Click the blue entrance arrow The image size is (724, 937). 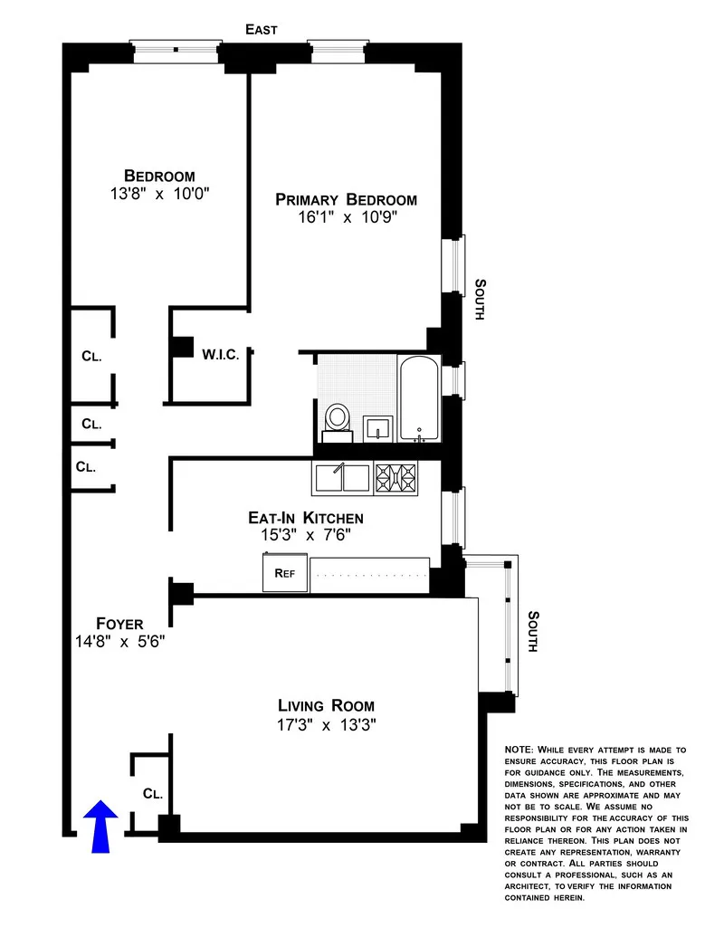click(x=100, y=825)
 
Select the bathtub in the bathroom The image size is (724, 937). click(x=418, y=398)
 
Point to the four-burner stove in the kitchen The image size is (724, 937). click(x=396, y=477)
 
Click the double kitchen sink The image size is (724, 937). click(x=341, y=477)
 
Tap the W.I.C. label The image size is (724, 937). click(x=221, y=354)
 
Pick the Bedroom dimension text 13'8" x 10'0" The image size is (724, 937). click(x=159, y=194)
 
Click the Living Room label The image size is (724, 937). click(x=326, y=705)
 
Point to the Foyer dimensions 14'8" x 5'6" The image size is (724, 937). click(x=119, y=641)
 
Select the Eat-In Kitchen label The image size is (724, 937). click(x=306, y=518)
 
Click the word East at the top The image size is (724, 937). click(x=262, y=30)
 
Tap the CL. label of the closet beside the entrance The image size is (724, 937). click(x=153, y=794)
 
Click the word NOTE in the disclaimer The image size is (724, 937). click(x=519, y=751)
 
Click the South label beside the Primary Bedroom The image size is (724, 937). click(x=481, y=299)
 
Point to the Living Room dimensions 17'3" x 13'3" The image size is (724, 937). click(x=326, y=724)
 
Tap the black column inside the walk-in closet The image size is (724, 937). click(x=183, y=347)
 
